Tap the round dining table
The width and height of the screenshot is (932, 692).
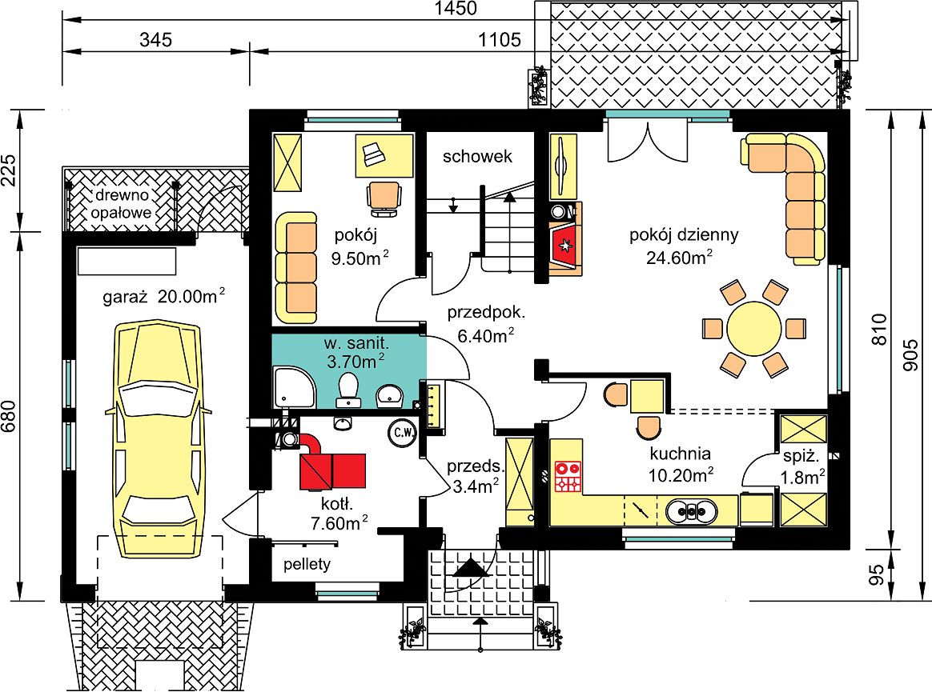tap(753, 329)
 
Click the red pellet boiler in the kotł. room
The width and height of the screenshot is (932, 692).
tap(332, 470)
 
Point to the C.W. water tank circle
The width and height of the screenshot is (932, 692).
tap(403, 433)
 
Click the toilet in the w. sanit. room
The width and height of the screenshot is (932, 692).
tap(347, 390)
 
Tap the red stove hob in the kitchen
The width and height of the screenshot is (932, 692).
tap(568, 477)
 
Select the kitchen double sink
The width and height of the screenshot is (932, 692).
tap(691, 511)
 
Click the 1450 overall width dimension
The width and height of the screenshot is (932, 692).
tap(456, 8)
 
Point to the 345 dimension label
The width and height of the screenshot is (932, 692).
tap(155, 40)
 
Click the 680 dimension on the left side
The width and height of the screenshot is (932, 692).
tap(8, 417)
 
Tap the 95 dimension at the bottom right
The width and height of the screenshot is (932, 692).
tap(877, 575)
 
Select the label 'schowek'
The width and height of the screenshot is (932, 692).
tap(477, 156)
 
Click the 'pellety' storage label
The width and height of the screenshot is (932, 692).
tap(307, 564)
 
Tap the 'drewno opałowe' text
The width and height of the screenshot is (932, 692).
tap(122, 203)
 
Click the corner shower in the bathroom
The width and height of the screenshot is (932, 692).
tap(293, 387)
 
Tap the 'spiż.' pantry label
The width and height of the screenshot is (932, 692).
tap(801, 457)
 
